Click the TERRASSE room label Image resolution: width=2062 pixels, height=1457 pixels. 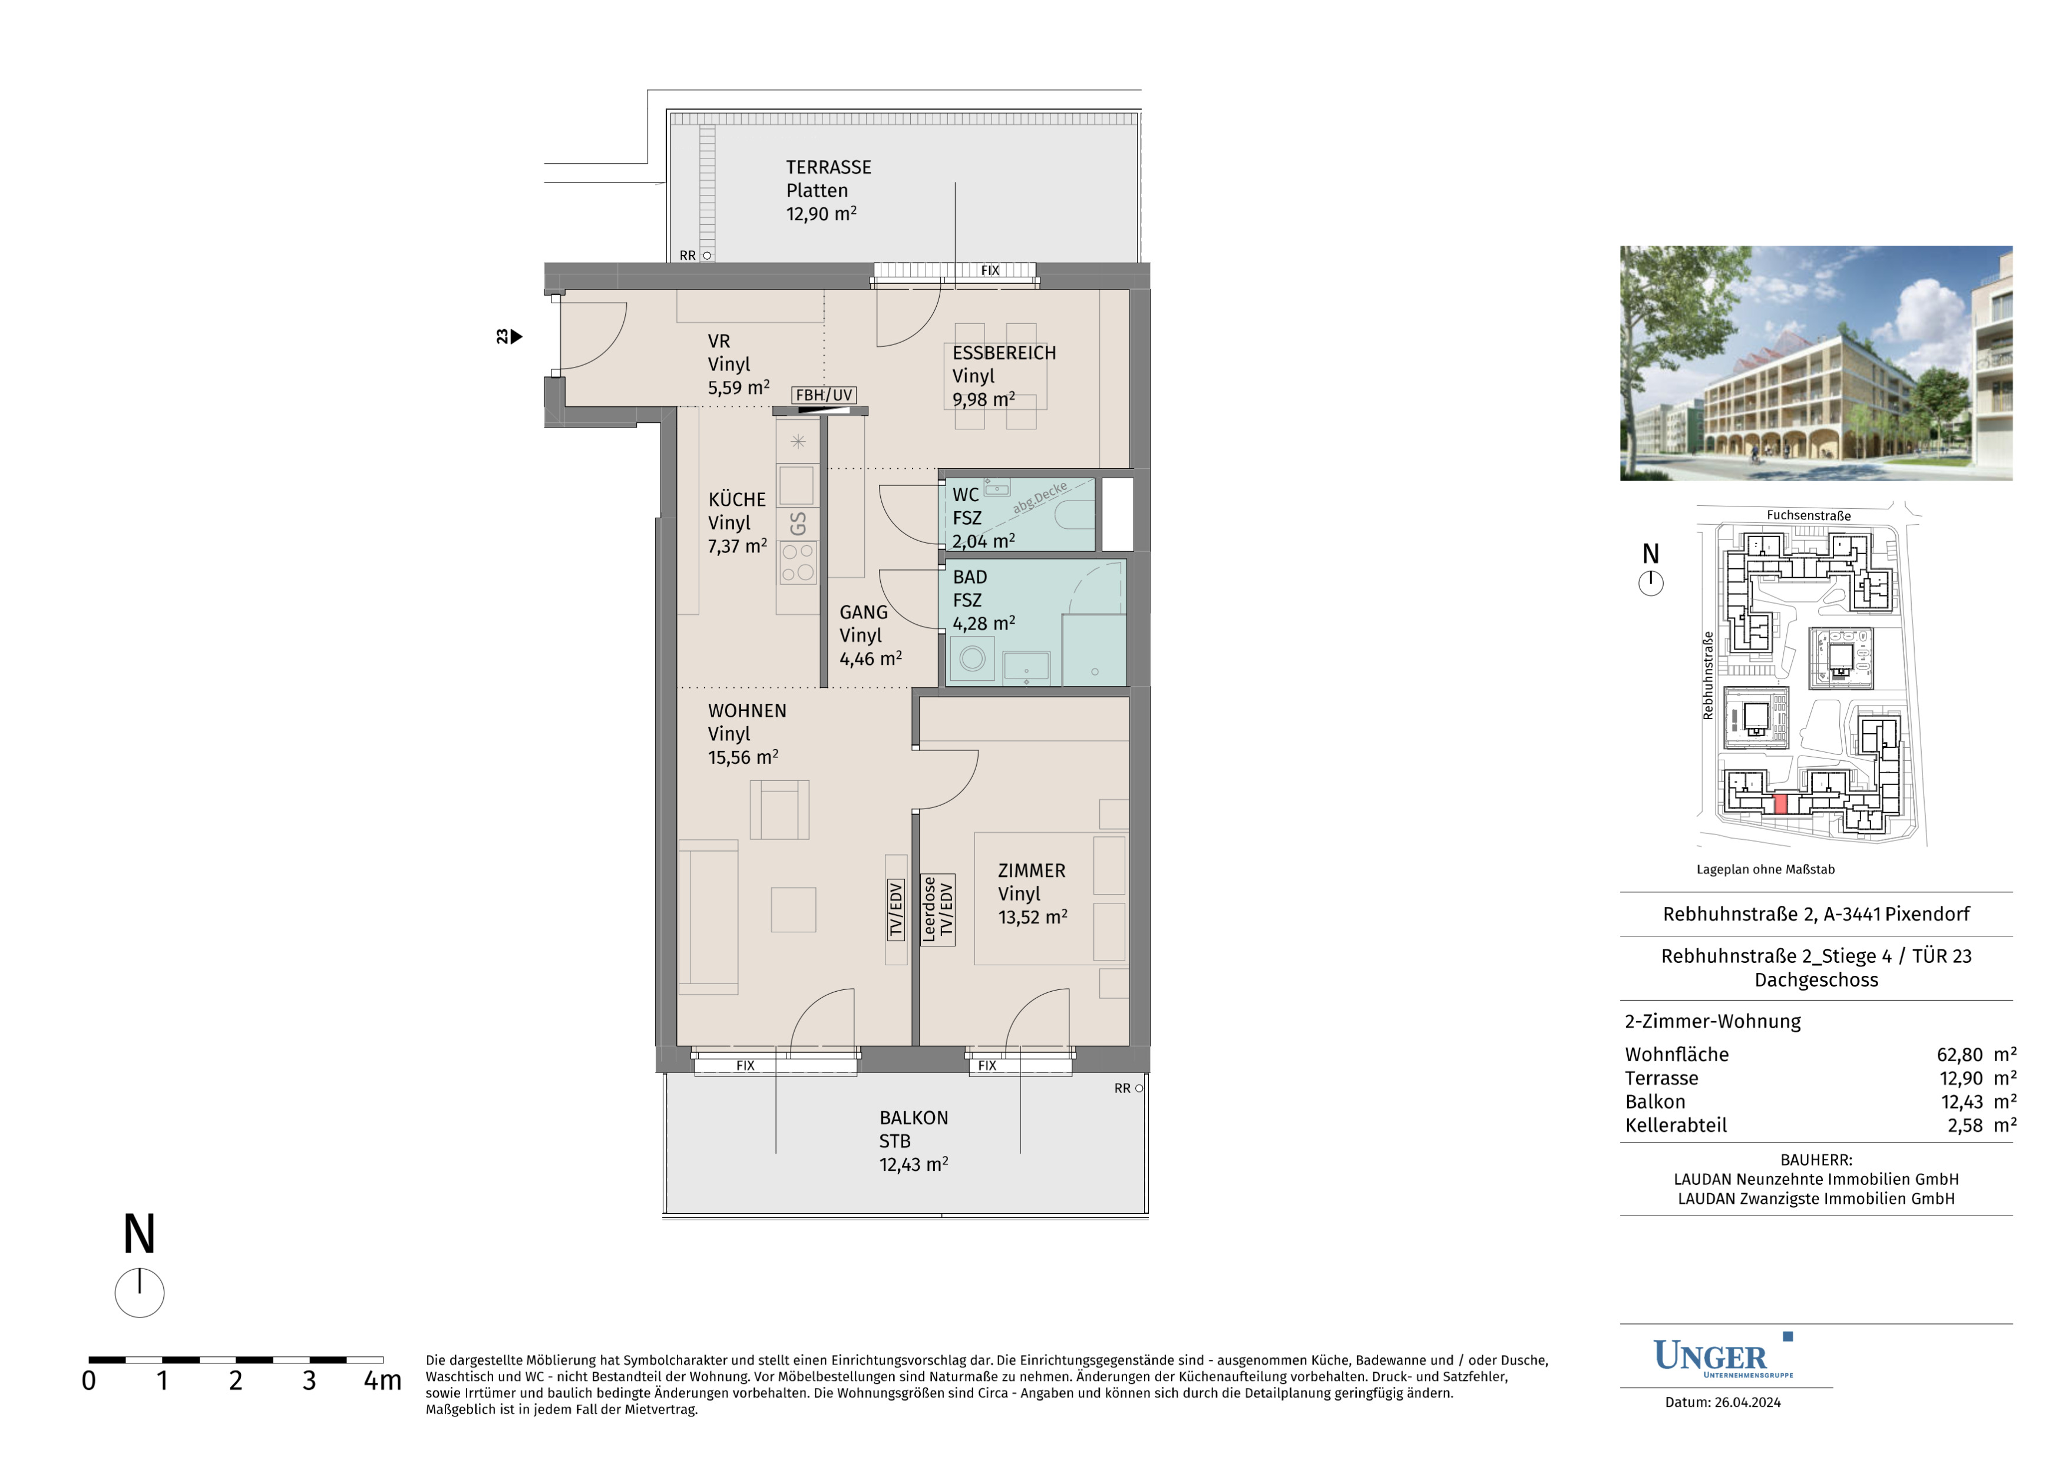tap(828, 167)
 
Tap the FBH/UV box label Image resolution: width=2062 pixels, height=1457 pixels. tap(824, 395)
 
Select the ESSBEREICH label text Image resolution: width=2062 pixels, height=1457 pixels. tap(1004, 353)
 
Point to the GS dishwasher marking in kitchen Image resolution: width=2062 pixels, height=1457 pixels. tap(798, 524)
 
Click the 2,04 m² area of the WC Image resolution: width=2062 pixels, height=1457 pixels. tap(983, 541)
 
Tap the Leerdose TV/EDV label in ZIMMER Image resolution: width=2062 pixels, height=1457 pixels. tap(937, 909)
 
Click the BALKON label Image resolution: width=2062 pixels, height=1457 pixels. tap(913, 1118)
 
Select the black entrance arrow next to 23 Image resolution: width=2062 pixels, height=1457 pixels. tap(517, 337)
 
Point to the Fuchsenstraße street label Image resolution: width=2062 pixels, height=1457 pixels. tap(1809, 515)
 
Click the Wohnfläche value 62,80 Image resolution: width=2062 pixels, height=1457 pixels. tap(1959, 1054)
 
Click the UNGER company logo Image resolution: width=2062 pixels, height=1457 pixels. tap(1723, 1356)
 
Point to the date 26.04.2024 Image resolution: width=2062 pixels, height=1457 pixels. tap(1747, 1402)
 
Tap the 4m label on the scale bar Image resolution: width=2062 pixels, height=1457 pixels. tap(382, 1380)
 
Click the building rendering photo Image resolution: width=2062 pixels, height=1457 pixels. tap(1816, 363)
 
